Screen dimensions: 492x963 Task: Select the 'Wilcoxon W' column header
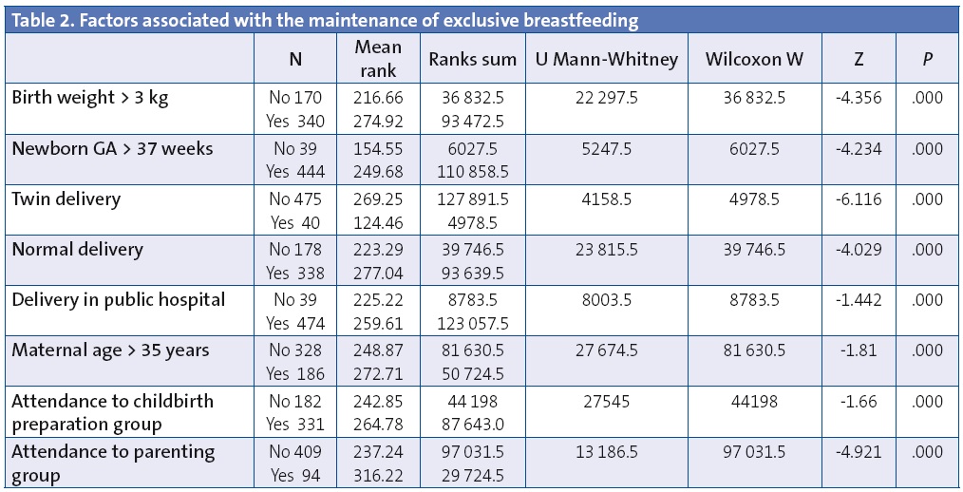click(x=754, y=59)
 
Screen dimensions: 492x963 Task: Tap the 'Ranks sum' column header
click(x=472, y=59)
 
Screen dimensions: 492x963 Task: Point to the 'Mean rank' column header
click(x=378, y=59)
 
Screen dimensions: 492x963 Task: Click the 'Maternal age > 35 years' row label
click(x=110, y=350)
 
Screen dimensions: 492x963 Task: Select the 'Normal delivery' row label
click(x=77, y=249)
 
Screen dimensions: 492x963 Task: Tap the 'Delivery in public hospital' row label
click(x=118, y=299)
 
